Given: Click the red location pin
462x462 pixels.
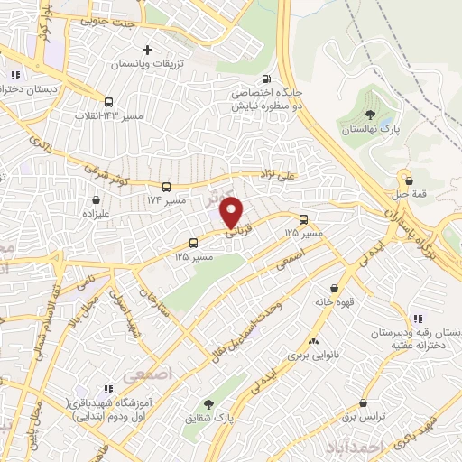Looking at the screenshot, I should pos(233,212).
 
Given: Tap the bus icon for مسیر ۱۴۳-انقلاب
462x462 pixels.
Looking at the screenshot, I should pos(109,102).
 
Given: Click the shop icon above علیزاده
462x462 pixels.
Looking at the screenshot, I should pos(96,199).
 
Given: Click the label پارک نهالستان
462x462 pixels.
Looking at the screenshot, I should pos(368,130).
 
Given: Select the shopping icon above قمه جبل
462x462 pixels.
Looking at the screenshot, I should pos(409,179).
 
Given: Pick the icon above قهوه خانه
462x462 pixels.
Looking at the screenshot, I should pos(334,288).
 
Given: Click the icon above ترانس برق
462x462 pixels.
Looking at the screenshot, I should pos(362,403).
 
